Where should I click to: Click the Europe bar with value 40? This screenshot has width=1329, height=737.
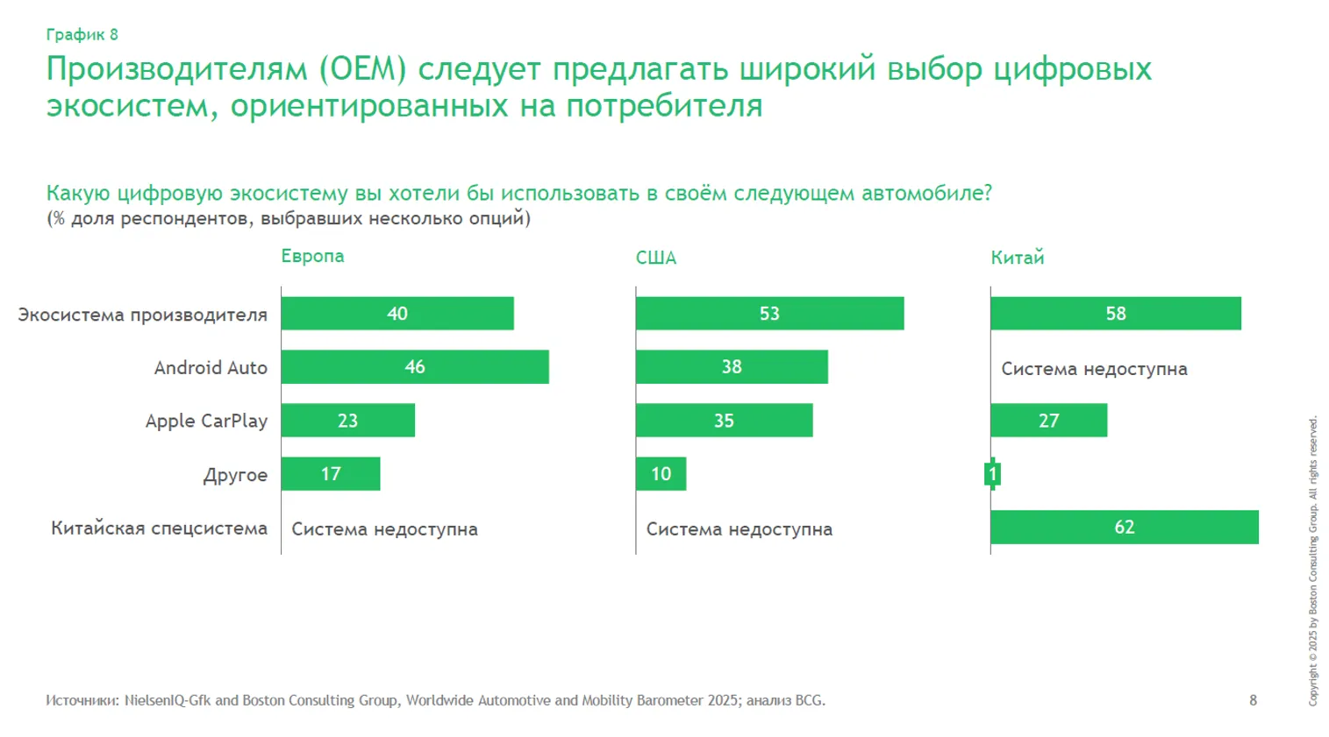click(397, 314)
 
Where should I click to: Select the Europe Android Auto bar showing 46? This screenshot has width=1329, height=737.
click(415, 367)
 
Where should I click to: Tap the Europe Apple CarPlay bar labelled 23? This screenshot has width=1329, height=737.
click(348, 421)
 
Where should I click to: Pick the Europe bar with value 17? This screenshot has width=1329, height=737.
click(331, 474)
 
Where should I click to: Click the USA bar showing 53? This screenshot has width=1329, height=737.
click(769, 314)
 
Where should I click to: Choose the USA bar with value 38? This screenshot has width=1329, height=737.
click(732, 367)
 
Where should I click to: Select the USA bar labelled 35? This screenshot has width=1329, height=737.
click(724, 421)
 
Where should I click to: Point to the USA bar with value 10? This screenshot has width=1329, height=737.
click(661, 474)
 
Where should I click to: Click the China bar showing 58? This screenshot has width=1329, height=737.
click(1115, 314)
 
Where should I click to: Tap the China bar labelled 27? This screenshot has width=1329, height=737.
click(1048, 421)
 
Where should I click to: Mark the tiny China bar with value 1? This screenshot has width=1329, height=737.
click(993, 474)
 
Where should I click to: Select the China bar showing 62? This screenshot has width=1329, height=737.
click(1124, 528)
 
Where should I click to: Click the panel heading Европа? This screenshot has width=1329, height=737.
click(312, 256)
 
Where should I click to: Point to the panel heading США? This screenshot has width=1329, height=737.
click(656, 258)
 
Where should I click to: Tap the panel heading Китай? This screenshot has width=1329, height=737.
click(1017, 258)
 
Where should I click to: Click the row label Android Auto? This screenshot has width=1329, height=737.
click(211, 368)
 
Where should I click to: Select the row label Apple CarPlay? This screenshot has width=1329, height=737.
click(206, 422)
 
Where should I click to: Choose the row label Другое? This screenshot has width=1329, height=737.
click(235, 476)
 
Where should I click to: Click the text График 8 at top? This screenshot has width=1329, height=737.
click(82, 35)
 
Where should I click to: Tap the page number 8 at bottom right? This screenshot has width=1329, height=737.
click(1253, 700)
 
